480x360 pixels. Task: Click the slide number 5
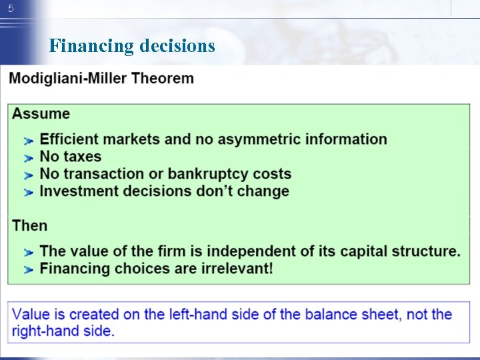tap(10, 9)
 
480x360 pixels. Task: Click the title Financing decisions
tap(132, 46)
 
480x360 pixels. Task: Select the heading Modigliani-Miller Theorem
tap(101, 78)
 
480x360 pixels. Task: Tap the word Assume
tap(41, 113)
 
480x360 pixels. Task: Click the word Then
tap(30, 225)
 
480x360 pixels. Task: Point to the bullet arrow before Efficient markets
tap(28, 141)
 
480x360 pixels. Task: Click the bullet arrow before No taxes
tap(28, 158)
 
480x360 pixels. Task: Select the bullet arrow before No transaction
tap(28, 175)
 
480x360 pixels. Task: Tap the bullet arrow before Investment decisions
tap(28, 193)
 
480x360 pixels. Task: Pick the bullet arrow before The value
tap(28, 253)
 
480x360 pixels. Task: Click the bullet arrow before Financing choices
tap(28, 270)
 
